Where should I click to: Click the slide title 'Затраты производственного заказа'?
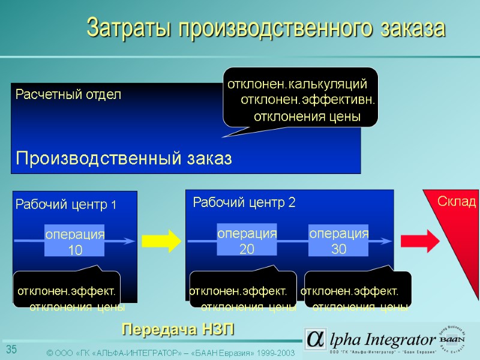tap(266, 28)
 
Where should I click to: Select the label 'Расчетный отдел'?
tap(68, 94)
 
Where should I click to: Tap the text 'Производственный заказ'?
tap(123, 158)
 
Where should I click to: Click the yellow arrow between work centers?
tap(161, 241)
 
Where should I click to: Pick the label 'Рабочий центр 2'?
tap(244, 203)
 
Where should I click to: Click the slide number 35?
tap(11, 350)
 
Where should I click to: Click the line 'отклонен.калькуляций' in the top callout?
tap(296, 83)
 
